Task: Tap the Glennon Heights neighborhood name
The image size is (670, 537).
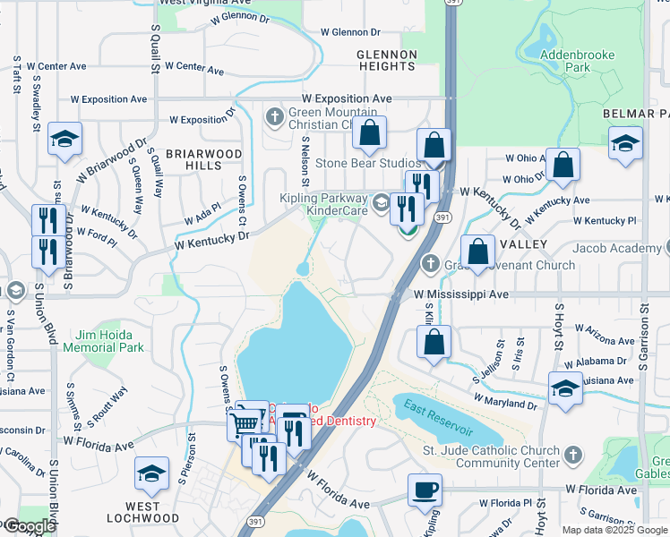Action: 387,60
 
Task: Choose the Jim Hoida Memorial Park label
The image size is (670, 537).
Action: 110,340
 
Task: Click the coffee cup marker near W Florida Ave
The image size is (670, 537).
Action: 425,490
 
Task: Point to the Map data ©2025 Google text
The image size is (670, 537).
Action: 614,530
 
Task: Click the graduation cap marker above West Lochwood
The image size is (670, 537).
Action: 151,473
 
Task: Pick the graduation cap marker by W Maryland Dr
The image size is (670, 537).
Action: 565,388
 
